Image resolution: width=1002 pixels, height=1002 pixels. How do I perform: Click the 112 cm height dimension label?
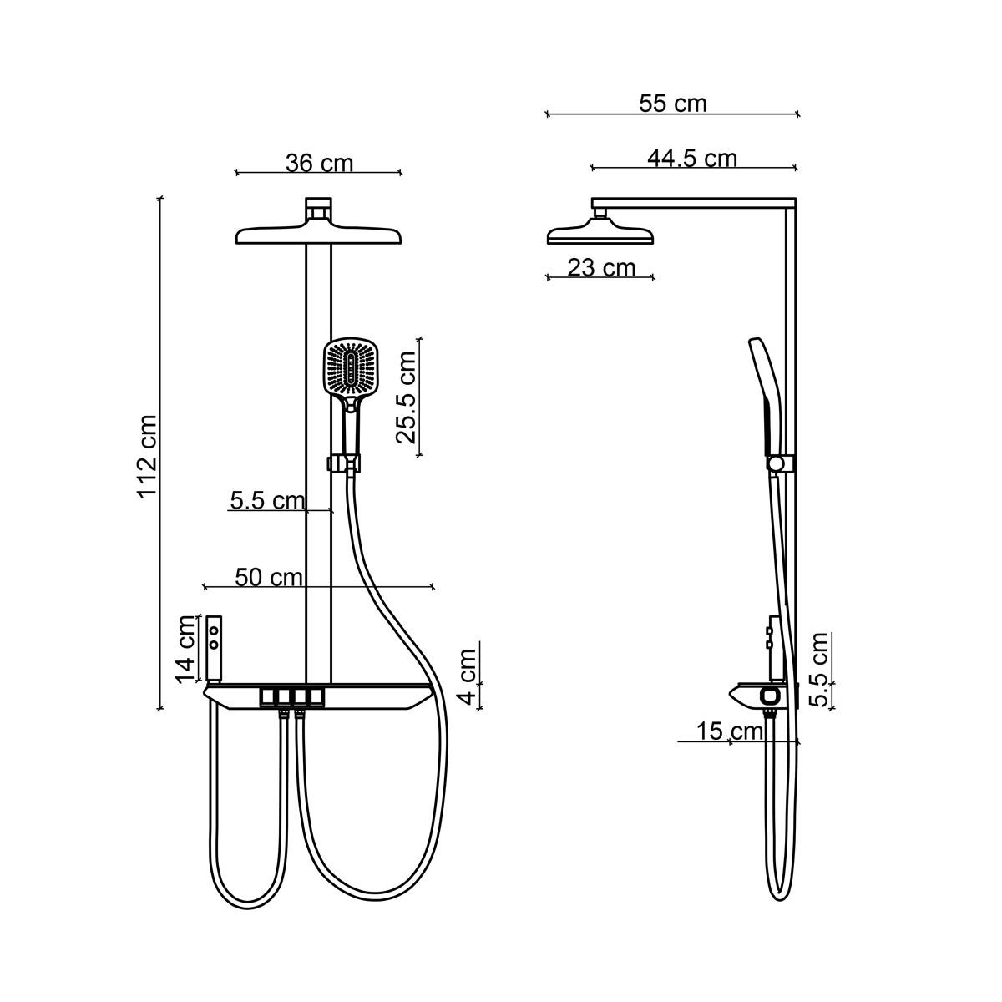147,457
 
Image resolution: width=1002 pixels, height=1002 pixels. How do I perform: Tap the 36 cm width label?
319,164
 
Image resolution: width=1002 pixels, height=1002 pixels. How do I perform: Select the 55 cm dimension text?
673,103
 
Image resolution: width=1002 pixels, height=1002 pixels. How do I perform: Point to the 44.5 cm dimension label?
692,158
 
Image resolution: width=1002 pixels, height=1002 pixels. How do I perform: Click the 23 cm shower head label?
601,268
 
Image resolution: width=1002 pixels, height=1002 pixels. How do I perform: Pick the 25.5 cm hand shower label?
406,397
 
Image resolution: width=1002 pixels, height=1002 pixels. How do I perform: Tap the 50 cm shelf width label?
269,577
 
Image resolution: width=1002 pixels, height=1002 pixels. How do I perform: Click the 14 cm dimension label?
185,650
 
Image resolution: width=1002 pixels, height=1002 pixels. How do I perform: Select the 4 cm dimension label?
468,676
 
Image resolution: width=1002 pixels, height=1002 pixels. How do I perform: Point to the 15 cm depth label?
730,731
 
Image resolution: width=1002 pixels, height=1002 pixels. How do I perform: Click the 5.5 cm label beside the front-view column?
267,501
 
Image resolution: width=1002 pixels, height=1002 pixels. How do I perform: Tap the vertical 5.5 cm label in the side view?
819,669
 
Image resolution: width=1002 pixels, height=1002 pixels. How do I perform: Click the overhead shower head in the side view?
600,231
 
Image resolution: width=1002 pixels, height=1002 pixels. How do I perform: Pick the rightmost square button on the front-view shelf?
316,696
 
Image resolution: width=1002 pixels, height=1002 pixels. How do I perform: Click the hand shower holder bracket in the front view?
344,463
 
